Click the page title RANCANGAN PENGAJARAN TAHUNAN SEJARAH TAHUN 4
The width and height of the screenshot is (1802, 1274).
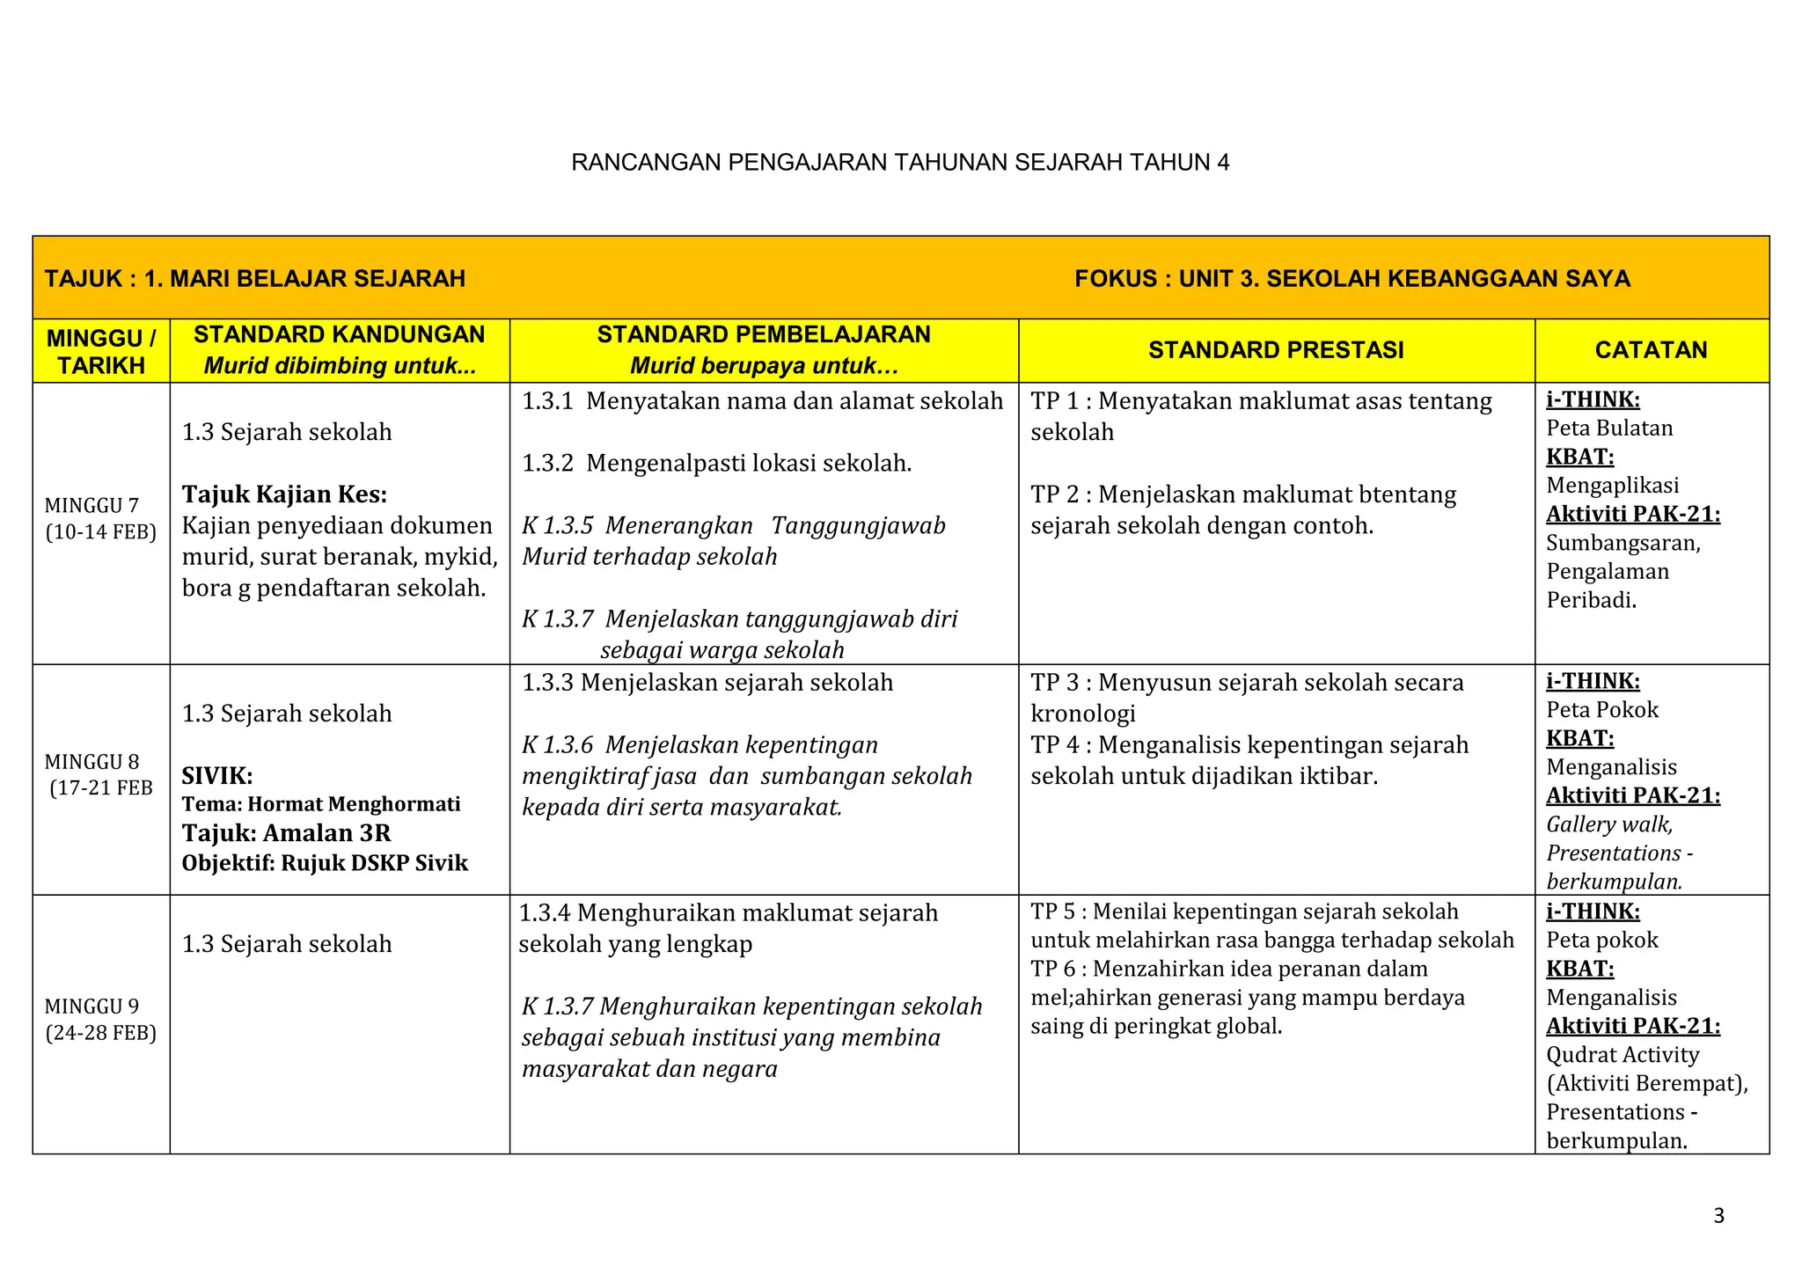[x=900, y=163]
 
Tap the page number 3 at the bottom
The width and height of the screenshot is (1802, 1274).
[x=1718, y=1216]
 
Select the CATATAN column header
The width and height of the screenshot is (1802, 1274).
[x=1651, y=350]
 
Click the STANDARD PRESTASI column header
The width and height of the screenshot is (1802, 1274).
[x=1276, y=350]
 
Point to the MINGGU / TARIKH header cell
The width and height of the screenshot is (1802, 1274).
[x=101, y=351]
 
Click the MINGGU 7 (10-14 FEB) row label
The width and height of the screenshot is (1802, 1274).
[x=100, y=518]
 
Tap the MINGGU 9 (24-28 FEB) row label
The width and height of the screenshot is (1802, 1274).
[x=100, y=1019]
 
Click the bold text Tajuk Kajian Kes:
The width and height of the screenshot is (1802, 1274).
[x=284, y=494]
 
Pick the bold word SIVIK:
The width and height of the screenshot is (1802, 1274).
[x=217, y=776]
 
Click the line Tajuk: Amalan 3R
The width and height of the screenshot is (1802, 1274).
[x=286, y=833]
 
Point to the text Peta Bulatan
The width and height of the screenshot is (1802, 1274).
[x=1609, y=428]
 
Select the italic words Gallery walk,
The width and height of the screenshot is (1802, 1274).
[x=1609, y=824]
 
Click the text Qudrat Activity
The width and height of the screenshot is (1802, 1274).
[x=1623, y=1055]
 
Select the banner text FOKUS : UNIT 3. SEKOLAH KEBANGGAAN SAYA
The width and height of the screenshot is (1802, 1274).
[x=1351, y=279]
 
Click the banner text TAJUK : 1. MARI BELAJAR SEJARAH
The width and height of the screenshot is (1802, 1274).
[x=255, y=279]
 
